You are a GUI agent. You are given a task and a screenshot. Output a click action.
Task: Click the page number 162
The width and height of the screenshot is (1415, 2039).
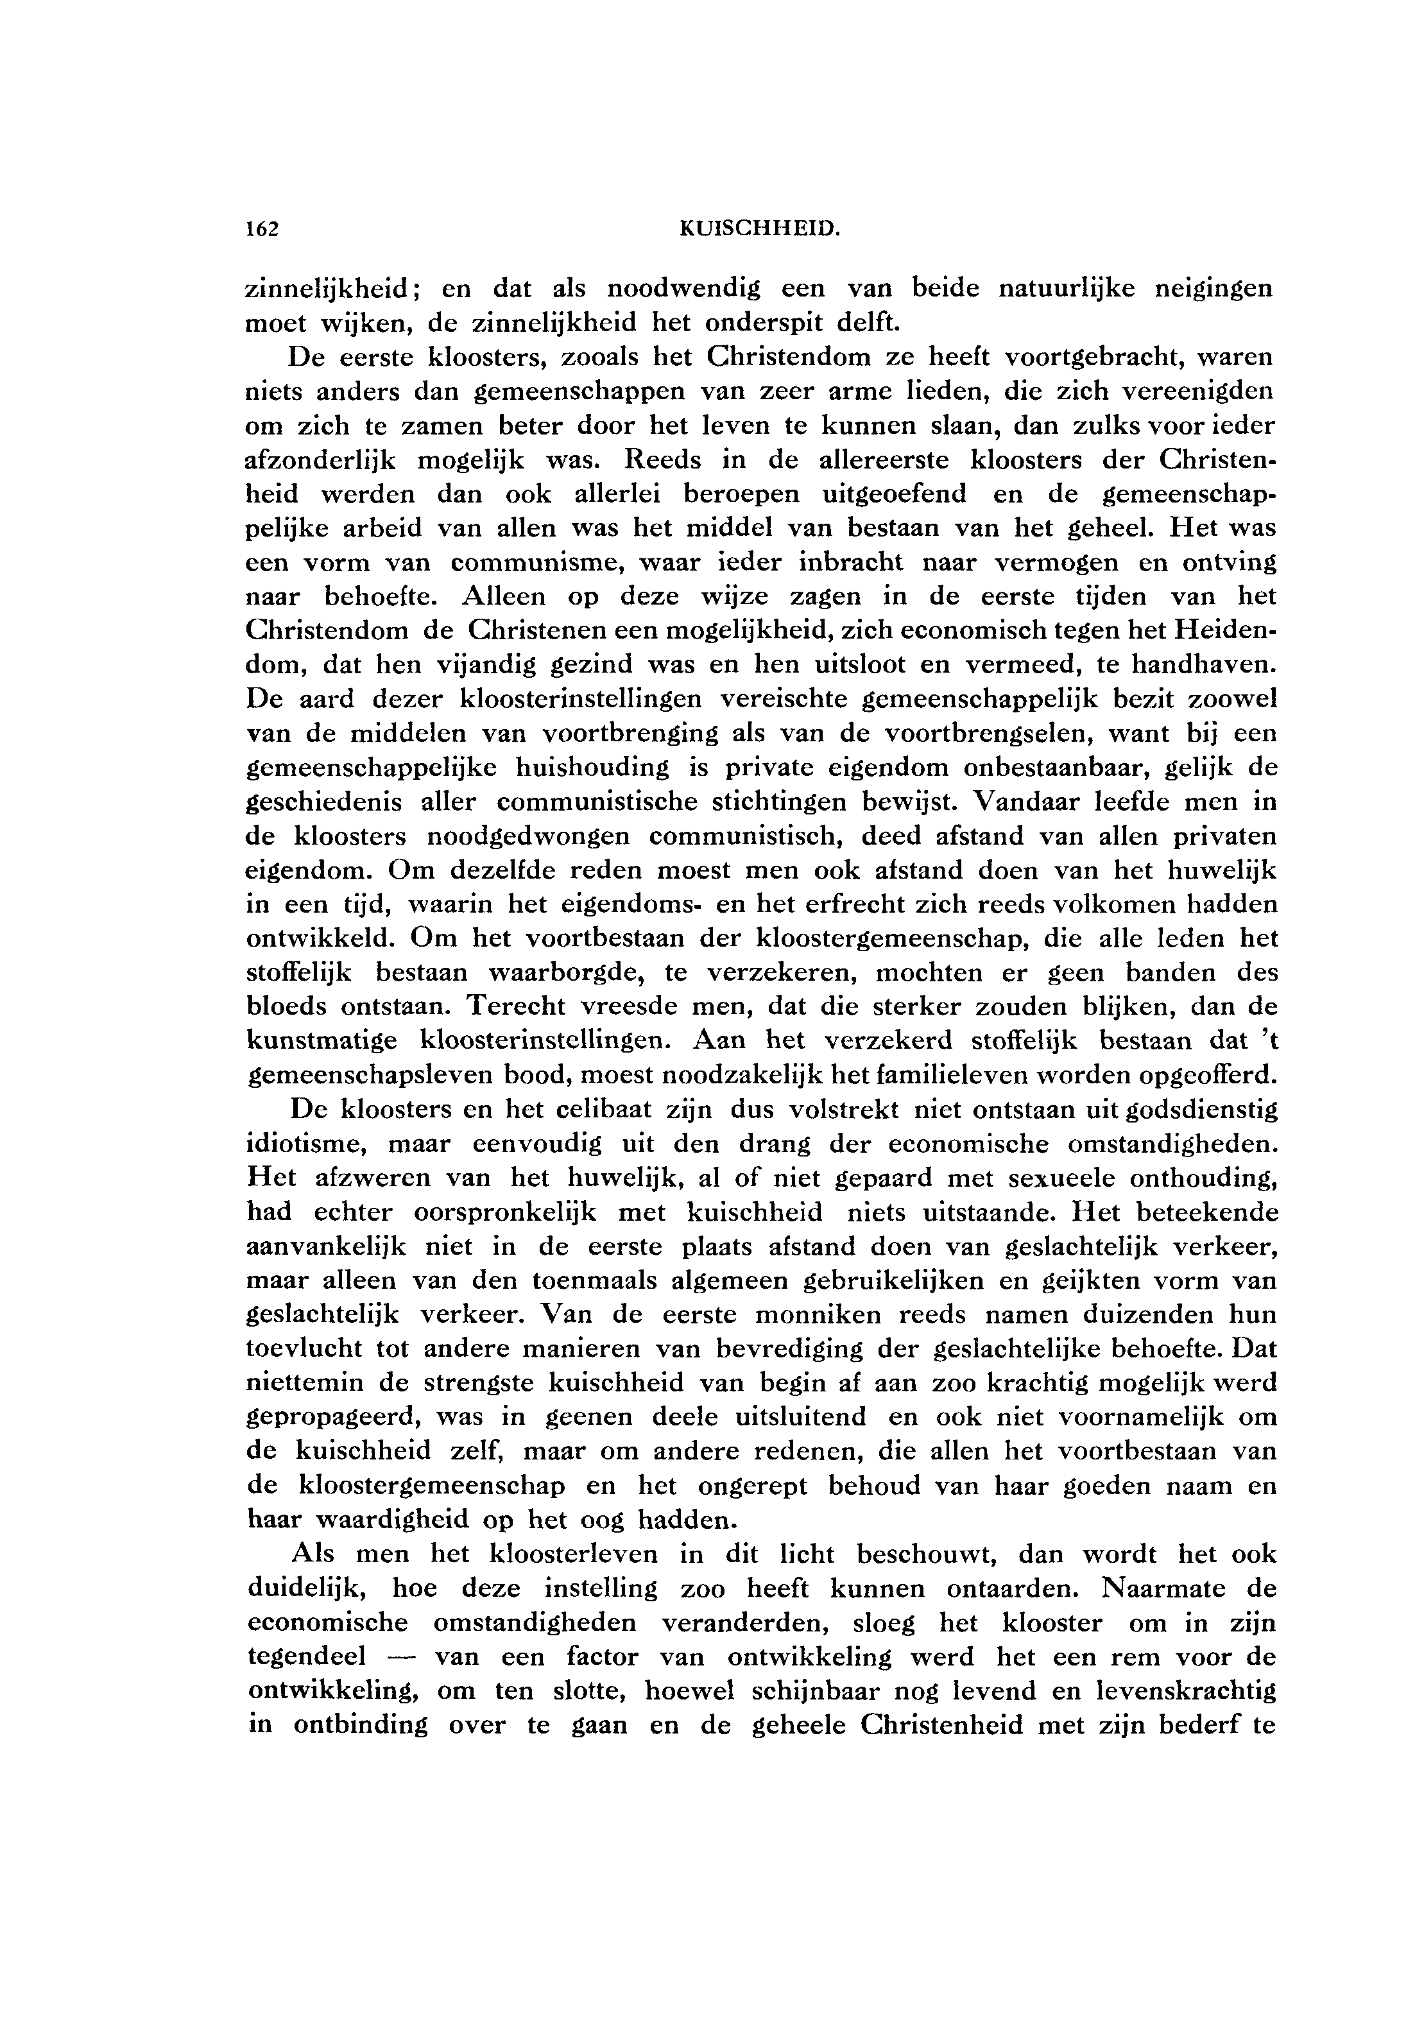(262, 230)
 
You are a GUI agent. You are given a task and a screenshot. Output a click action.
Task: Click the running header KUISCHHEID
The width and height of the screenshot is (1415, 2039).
(759, 230)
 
